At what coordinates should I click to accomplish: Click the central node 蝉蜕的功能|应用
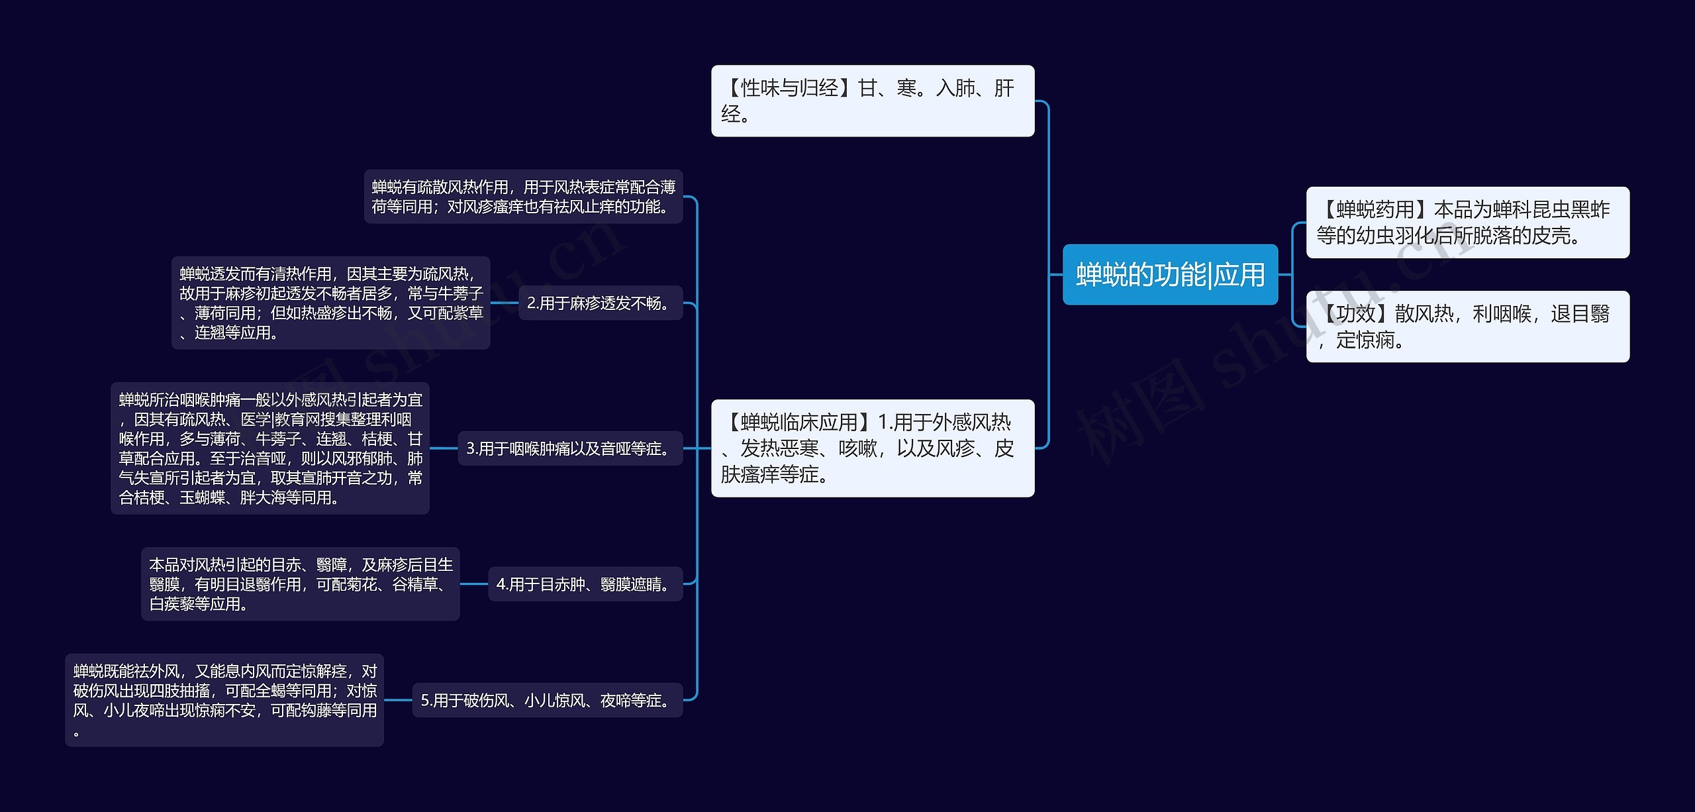[x=1170, y=275]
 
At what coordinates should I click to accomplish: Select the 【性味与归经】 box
[x=872, y=101]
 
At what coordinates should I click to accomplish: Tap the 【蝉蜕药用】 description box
[x=1467, y=223]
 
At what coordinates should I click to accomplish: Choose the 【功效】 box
[x=1467, y=327]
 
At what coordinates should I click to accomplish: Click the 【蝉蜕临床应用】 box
[x=872, y=448]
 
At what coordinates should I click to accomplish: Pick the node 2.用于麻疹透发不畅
[x=600, y=303]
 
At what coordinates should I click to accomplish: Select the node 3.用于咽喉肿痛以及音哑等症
[x=570, y=448]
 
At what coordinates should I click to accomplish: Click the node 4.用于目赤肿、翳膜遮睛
[x=585, y=584]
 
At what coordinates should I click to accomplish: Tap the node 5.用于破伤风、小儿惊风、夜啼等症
[x=547, y=700]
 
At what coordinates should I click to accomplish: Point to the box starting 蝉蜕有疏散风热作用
[x=523, y=197]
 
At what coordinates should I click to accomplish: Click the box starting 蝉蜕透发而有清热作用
[x=330, y=303]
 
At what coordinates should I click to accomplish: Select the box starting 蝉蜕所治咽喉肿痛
[x=269, y=448]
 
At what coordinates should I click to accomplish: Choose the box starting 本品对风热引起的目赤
[x=300, y=584]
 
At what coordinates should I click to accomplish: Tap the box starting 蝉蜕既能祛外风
[x=224, y=700]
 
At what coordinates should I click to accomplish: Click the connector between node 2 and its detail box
[x=505, y=303]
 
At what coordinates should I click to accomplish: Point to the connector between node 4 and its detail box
[x=474, y=584]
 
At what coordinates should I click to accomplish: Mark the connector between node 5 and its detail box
[x=399, y=700]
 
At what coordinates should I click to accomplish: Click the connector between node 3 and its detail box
[x=444, y=448]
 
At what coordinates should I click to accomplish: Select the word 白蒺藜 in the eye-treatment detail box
[x=171, y=604]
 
